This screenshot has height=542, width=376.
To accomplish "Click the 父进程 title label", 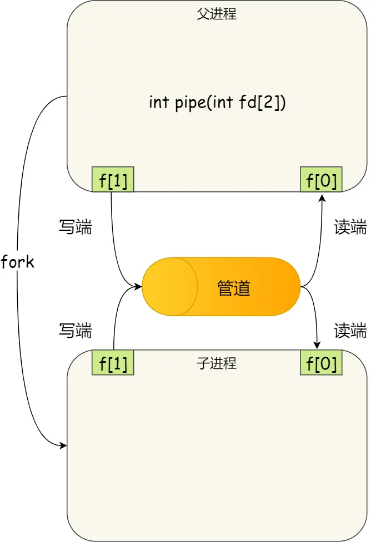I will click(x=217, y=14).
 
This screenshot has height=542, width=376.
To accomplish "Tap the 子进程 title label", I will click(x=217, y=363).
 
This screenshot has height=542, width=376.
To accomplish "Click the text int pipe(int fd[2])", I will click(x=217, y=103).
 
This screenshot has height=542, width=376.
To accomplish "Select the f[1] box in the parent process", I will click(x=113, y=180).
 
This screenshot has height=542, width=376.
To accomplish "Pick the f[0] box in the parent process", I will click(x=321, y=180).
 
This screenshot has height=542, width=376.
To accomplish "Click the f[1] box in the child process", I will click(x=113, y=363).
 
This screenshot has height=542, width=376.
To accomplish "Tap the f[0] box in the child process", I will click(x=321, y=363).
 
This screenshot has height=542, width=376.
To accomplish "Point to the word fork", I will click(x=17, y=262).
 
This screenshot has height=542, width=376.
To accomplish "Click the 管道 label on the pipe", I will click(x=234, y=288).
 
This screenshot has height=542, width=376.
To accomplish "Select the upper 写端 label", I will click(x=75, y=227).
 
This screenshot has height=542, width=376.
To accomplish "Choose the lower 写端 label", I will click(x=75, y=331).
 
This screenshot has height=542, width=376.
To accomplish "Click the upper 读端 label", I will click(x=350, y=227).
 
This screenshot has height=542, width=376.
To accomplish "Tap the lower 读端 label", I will click(x=350, y=331).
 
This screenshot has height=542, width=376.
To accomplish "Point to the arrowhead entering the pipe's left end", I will click(x=138, y=287).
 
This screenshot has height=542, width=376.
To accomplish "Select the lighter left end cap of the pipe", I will click(x=167, y=287).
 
